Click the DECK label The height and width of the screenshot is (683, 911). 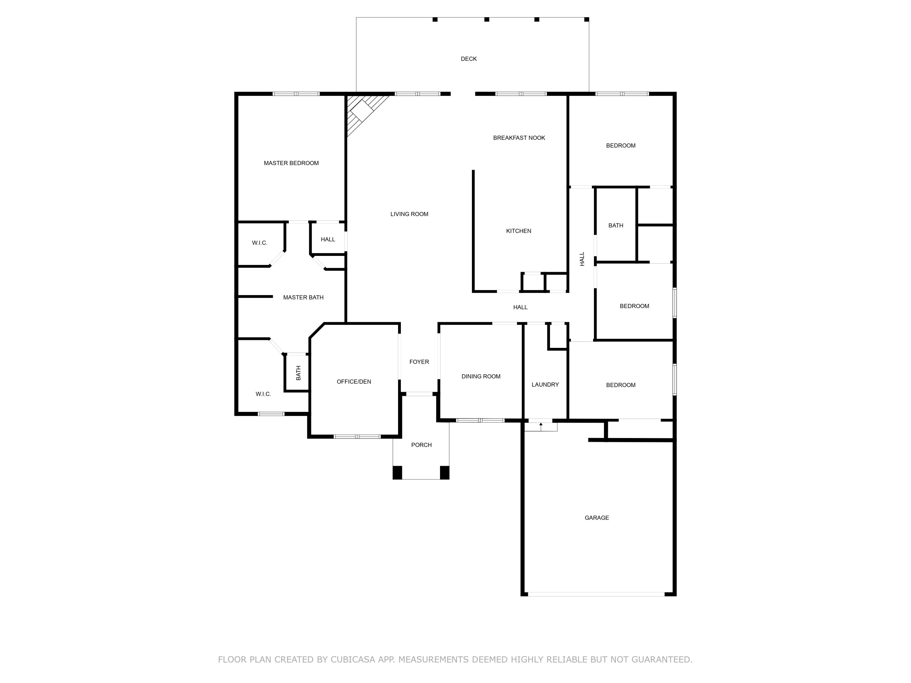coord(469,59)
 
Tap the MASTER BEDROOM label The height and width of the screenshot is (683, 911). coord(291,163)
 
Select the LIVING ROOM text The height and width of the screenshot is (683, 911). coord(409,214)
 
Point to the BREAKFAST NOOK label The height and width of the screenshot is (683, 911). coord(519,138)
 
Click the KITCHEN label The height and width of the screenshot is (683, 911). coord(519,231)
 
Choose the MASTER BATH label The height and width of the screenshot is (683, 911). coord(303,297)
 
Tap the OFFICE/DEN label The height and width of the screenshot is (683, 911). coord(354,382)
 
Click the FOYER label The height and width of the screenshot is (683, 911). coord(419,362)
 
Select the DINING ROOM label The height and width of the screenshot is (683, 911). coord(481,376)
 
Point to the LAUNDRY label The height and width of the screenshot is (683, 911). coord(545,385)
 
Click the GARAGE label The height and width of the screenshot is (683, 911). coord(597,518)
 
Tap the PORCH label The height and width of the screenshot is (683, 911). coord(421,445)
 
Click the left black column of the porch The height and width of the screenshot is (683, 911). coord(397,472)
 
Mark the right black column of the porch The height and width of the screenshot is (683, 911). coord(445,472)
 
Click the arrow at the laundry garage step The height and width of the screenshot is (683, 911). coord(541,426)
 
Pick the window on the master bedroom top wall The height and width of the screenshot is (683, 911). coord(296,94)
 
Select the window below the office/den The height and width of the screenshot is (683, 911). coord(357,437)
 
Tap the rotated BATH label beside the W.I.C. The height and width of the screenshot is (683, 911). coord(298,373)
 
